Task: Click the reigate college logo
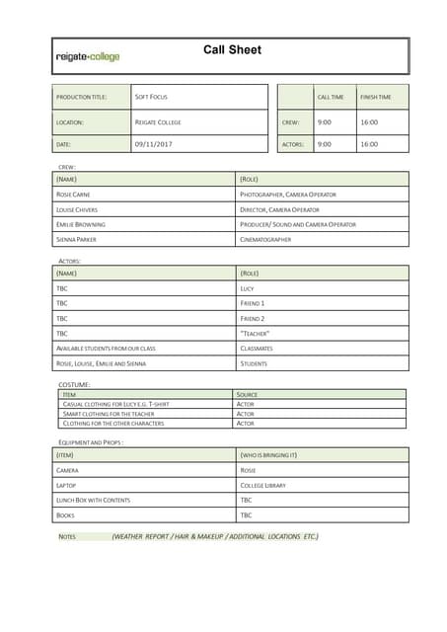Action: (88, 57)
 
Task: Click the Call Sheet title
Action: (232, 50)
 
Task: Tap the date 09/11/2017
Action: (153, 144)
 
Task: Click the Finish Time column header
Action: (375, 97)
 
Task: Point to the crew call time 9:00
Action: (324, 122)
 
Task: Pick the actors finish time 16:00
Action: (368, 144)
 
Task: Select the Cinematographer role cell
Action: (265, 239)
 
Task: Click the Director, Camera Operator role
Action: (279, 209)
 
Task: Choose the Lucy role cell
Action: (247, 288)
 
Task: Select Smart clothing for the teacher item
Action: (109, 414)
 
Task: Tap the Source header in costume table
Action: (247, 394)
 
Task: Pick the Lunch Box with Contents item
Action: (93, 500)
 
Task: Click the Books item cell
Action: (65, 514)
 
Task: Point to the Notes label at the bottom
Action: (67, 536)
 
